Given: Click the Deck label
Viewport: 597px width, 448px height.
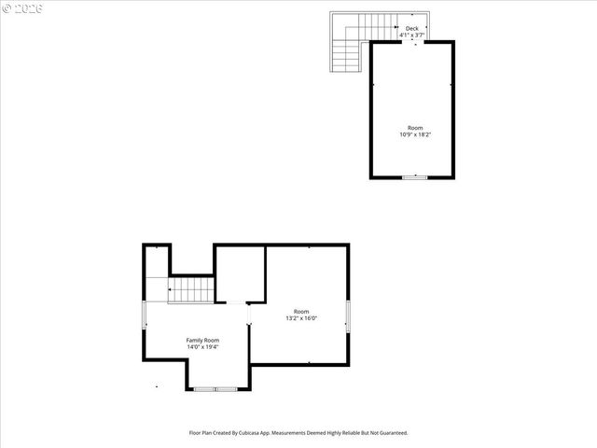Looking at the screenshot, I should click(x=411, y=28).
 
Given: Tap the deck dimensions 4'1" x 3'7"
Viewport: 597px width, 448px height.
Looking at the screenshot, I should click(x=411, y=35).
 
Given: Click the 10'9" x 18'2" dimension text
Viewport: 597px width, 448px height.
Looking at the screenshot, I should click(x=415, y=134).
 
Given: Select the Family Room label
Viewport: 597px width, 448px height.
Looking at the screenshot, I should click(x=202, y=340).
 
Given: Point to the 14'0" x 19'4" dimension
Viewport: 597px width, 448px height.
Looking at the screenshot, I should click(x=202, y=347).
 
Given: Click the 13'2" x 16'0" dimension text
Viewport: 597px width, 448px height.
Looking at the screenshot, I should click(x=301, y=318).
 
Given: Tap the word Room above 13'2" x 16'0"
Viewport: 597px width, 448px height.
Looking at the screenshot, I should click(x=301, y=311).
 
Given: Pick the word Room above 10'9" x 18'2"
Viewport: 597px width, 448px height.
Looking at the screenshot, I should click(x=415, y=127).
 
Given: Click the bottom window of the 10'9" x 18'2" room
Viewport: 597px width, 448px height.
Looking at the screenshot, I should click(x=415, y=176).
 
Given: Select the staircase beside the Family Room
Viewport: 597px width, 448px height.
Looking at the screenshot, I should click(x=190, y=290).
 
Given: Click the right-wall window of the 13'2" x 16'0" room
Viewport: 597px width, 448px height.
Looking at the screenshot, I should click(x=348, y=315).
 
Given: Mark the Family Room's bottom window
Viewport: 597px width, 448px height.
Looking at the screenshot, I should click(x=215, y=388).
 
